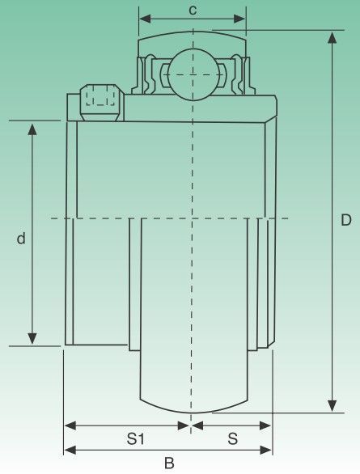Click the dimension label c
193,10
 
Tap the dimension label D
346,220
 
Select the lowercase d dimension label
21,238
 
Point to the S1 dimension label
135,438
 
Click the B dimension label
169,463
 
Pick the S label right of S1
233,438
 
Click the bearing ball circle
193,74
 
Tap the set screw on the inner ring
100,103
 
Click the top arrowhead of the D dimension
332,37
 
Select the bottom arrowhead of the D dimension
332,405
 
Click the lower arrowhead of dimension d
32,338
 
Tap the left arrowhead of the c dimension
145,19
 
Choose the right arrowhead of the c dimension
239,19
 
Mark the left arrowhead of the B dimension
70,450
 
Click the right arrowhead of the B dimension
265,450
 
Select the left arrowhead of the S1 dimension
70,425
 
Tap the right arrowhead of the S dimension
265,425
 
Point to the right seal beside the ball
238,74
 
